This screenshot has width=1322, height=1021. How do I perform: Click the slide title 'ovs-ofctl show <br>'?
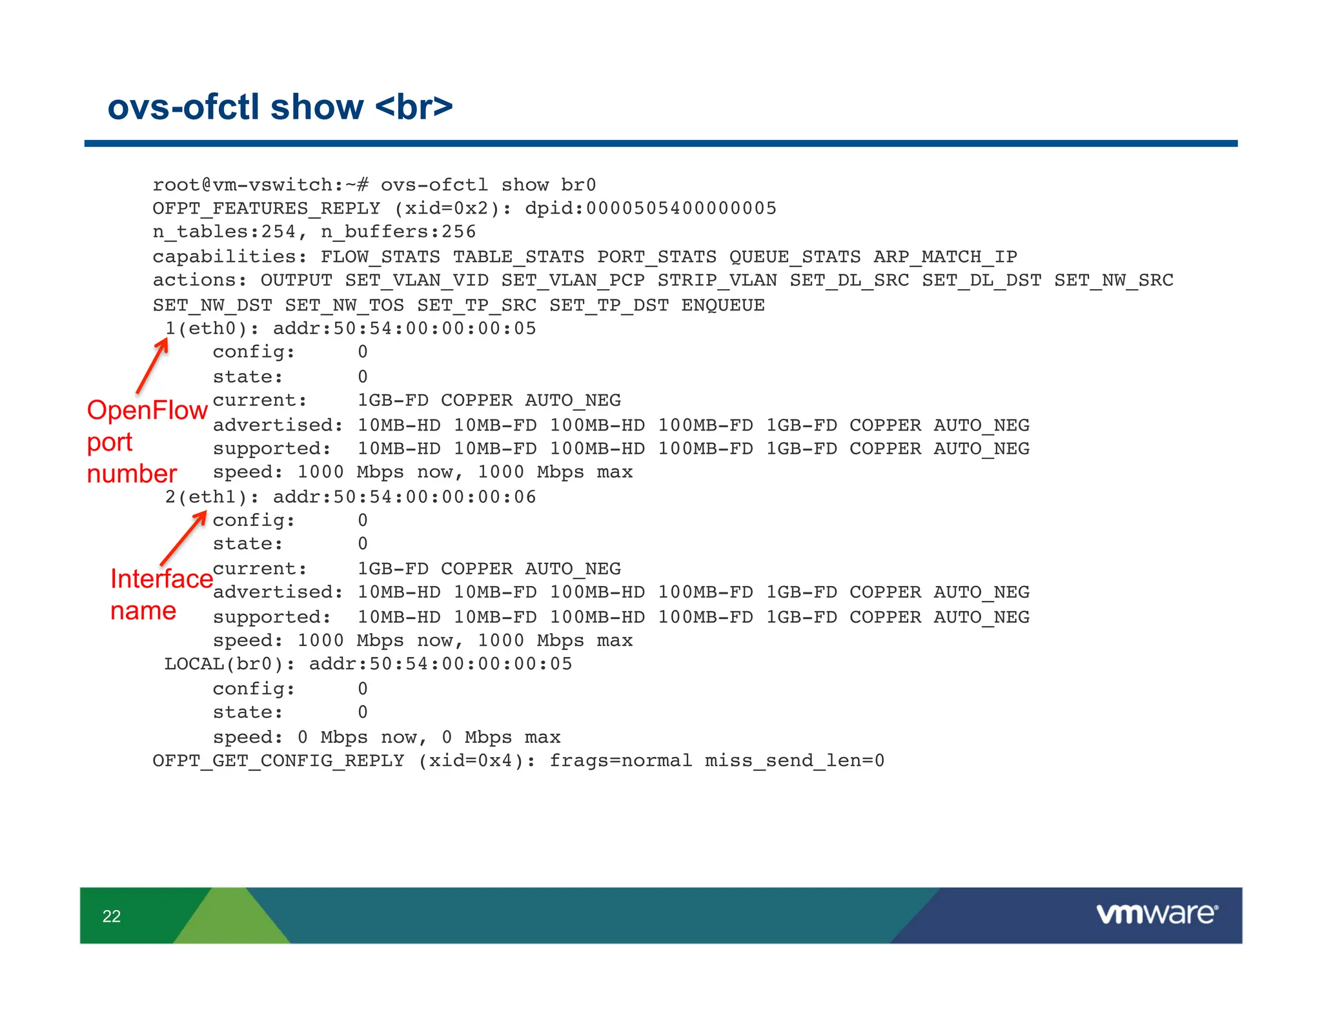tap(280, 106)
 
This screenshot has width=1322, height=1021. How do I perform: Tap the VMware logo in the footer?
tap(1157, 914)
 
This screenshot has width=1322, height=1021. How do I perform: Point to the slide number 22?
tap(112, 916)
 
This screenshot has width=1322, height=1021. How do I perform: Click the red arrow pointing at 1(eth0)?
tap(153, 365)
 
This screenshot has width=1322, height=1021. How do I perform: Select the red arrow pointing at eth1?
tap(184, 538)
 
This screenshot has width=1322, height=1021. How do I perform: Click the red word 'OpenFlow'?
tap(147, 410)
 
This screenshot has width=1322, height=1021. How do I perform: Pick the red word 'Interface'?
tap(161, 579)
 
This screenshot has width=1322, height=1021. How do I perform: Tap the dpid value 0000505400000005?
tap(681, 208)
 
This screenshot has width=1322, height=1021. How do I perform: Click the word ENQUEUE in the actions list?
tap(723, 305)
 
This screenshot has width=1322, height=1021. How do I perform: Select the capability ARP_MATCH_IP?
tap(945, 257)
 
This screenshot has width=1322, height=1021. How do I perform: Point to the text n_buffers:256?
tap(398, 232)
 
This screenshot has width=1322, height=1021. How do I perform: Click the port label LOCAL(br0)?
tap(229, 664)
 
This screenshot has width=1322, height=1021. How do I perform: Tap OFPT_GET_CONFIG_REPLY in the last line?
tap(278, 761)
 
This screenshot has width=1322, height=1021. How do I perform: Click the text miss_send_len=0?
tap(795, 761)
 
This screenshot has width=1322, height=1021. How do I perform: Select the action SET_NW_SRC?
tap(1114, 281)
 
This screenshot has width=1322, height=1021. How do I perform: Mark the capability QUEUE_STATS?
tap(795, 257)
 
